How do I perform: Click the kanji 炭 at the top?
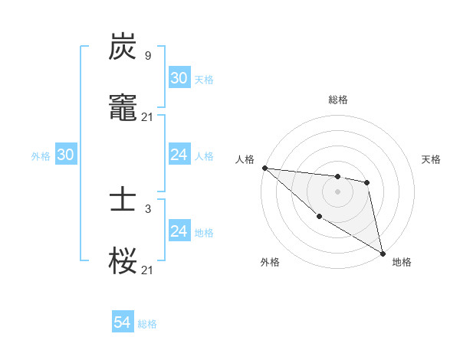pyautogui.click(x=123, y=47)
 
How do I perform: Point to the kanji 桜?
pyautogui.click(x=123, y=260)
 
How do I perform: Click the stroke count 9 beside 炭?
pyautogui.click(x=147, y=55)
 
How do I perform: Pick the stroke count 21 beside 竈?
pyautogui.click(x=147, y=116)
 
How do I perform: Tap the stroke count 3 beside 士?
pyautogui.click(x=147, y=209)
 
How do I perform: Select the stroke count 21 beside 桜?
pyautogui.click(x=147, y=270)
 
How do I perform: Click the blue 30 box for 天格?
pyautogui.click(x=179, y=78)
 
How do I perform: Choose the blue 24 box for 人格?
pyautogui.click(x=179, y=155)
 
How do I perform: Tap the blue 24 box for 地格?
pyautogui.click(x=179, y=231)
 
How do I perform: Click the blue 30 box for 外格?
pyautogui.click(x=65, y=155)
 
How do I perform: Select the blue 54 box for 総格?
pyautogui.click(x=122, y=323)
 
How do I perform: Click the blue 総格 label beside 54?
pyautogui.click(x=147, y=324)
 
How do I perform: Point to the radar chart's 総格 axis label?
pyautogui.click(x=337, y=100)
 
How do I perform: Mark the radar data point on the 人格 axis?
pyautogui.click(x=264, y=168)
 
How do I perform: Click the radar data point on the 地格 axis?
pyautogui.click(x=383, y=252)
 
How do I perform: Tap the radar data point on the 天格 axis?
pyautogui.click(x=367, y=182)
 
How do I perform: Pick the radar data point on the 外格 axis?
pyautogui.click(x=319, y=217)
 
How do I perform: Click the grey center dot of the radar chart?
pyautogui.click(x=337, y=191)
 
